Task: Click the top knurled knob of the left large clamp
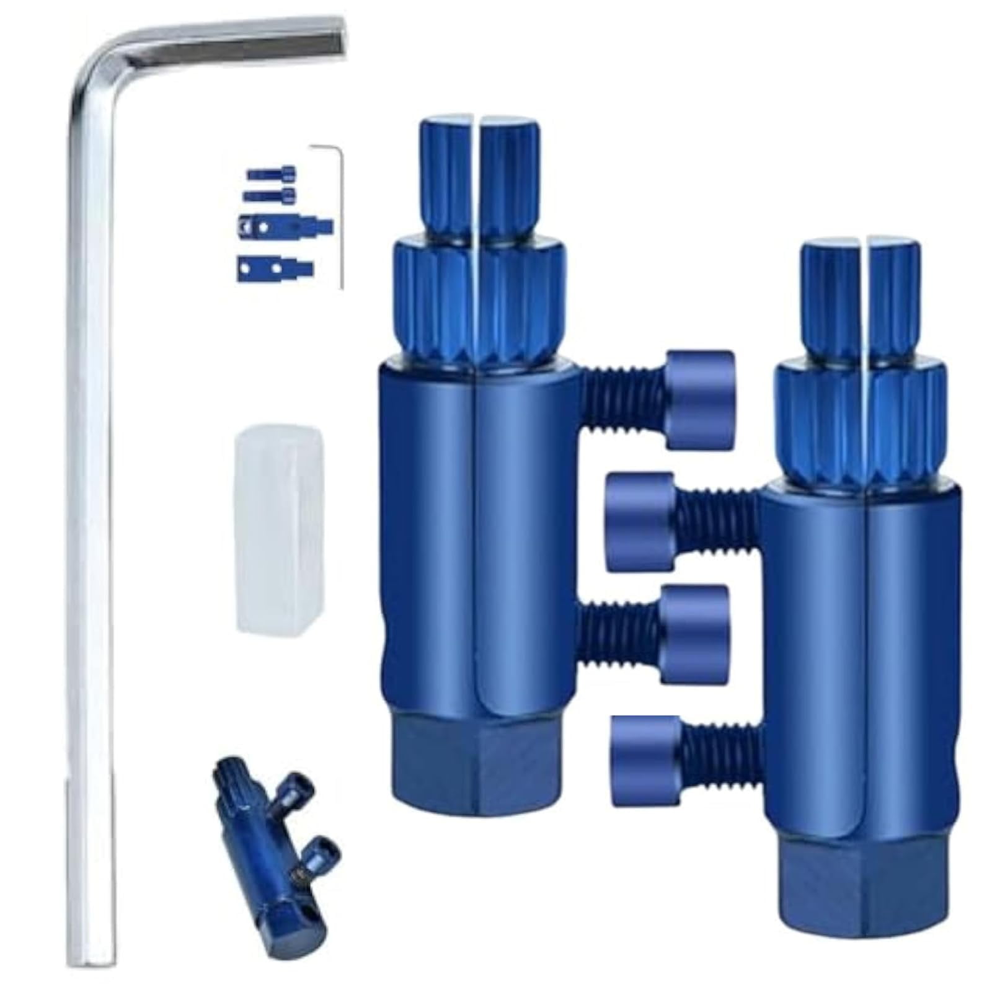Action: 480,170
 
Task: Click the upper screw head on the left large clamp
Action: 701,400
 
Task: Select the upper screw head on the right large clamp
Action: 639,521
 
